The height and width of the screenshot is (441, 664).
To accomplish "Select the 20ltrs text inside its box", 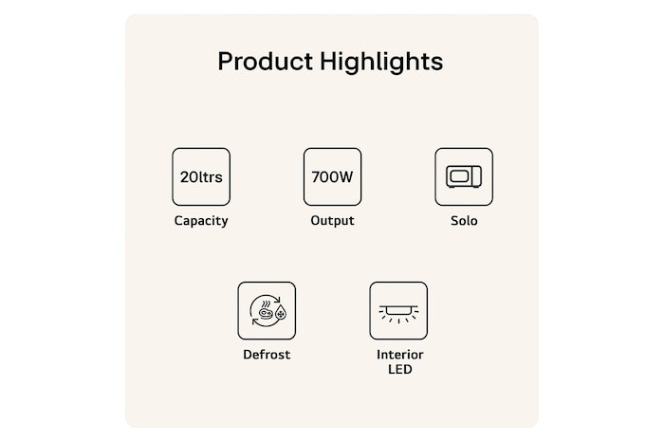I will click(x=200, y=176).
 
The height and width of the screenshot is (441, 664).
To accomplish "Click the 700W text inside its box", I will click(x=332, y=176).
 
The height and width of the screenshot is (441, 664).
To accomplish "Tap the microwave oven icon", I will click(x=464, y=176).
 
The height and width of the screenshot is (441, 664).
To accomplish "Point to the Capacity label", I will click(x=200, y=221).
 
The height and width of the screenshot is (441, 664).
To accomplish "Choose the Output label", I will click(x=332, y=221).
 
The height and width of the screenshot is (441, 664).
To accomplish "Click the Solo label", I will click(x=464, y=221).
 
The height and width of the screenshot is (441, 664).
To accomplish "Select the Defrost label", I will click(x=267, y=355).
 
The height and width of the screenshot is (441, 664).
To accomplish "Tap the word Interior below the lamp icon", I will click(x=399, y=355).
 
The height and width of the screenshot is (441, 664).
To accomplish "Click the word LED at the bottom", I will click(x=399, y=369).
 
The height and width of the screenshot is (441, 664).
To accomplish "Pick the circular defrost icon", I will click(x=267, y=310).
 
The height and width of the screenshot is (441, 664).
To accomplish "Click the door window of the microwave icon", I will click(x=460, y=176).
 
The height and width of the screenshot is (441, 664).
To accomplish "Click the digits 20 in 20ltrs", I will click(x=189, y=176).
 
